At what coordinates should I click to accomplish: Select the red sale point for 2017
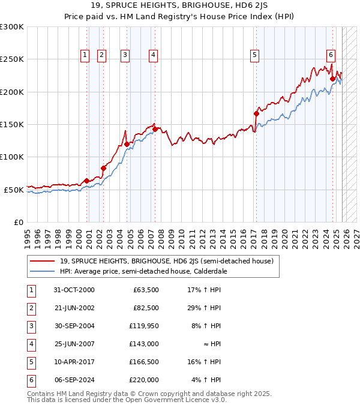point(256,113)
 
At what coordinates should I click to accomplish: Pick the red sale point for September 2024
point(332,78)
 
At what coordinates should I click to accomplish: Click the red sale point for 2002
point(103,169)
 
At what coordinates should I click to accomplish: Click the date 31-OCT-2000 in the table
point(74,290)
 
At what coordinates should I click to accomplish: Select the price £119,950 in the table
point(145,326)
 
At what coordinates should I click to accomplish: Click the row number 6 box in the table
point(31,380)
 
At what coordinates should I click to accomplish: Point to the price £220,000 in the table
point(145,380)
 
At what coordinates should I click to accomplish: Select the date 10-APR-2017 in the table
point(74,362)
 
